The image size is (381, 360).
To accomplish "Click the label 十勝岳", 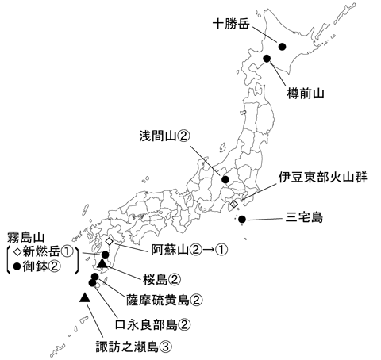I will pyautogui.click(x=231, y=24).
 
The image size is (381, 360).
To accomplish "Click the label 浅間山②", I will pyautogui.click(x=164, y=136).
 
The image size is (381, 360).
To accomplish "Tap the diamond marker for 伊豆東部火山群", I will pyautogui.click(x=233, y=205).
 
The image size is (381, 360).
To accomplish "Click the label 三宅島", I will pyautogui.click(x=305, y=216).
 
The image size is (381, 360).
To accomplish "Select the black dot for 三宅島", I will pyautogui.click(x=242, y=219).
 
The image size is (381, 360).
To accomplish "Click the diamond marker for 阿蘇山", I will pyautogui.click(x=109, y=240).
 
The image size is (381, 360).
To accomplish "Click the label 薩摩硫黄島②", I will pyautogui.click(x=166, y=300).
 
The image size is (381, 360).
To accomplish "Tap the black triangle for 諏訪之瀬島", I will pyautogui.click(x=84, y=297).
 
